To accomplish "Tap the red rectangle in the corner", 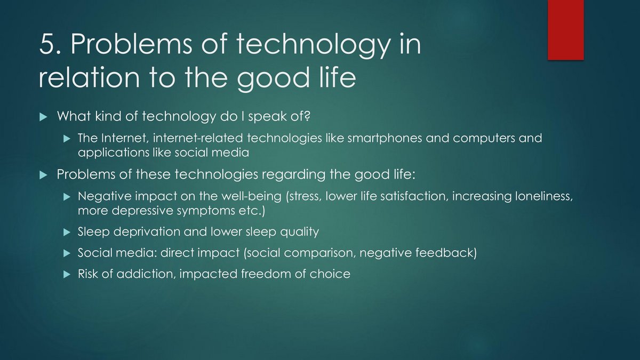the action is [566, 30].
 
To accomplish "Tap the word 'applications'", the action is [114, 153].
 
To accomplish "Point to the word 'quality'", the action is [299, 231].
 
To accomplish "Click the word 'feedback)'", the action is [446, 253].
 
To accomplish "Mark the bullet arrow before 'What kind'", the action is [43, 117].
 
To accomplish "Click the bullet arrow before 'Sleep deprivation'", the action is [67, 233].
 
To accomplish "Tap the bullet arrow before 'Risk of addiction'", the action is [67, 275].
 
